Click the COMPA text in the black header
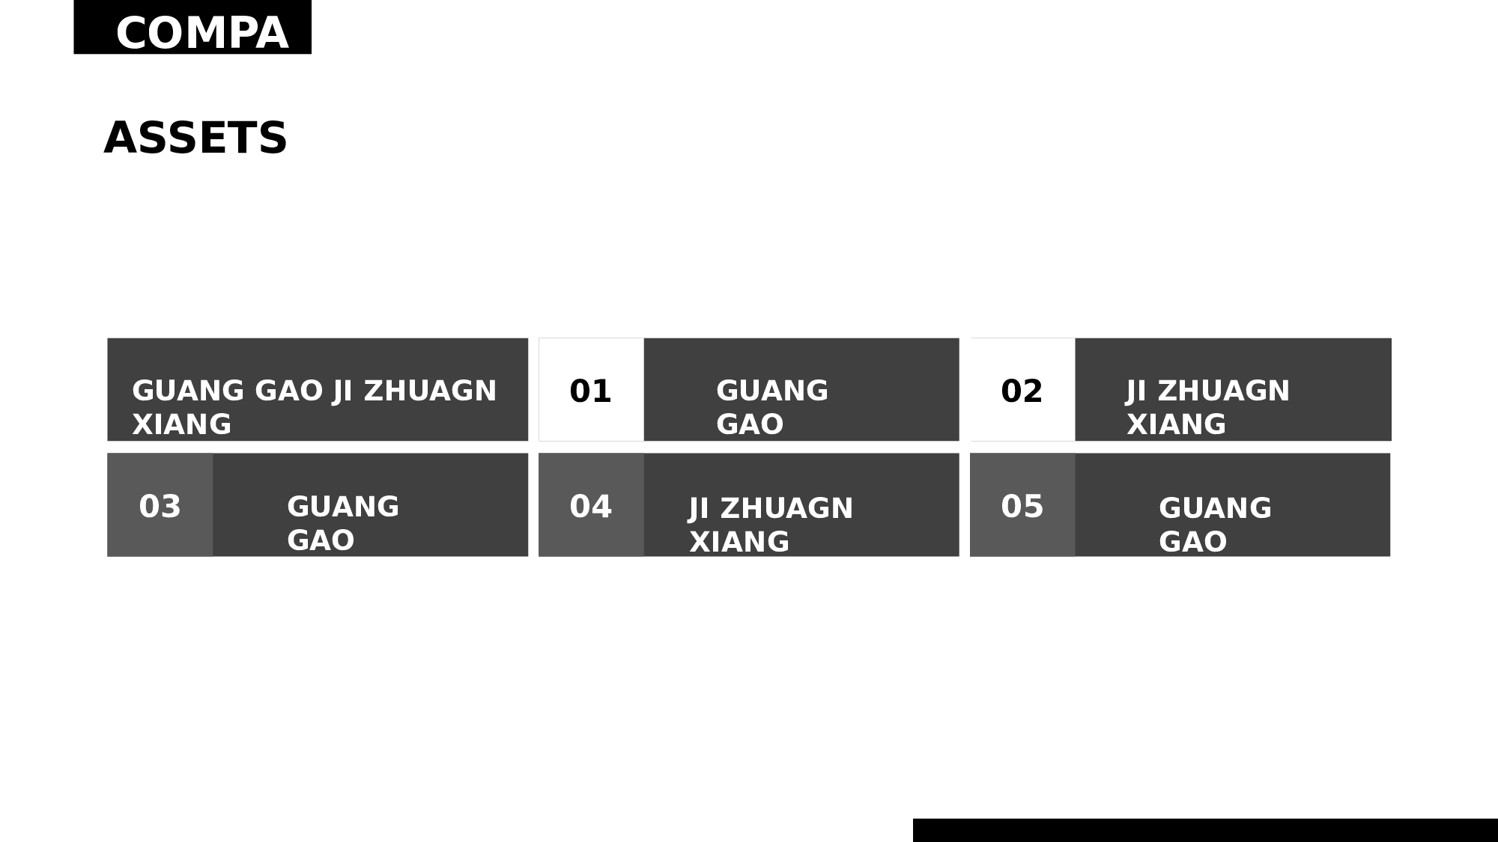[202, 34]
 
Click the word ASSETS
[195, 138]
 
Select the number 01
[590, 391]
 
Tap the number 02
[1022, 391]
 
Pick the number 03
[160, 507]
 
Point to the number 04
[590, 507]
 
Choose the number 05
[1022, 507]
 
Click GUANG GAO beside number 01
[772, 407]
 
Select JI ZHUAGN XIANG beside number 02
[1208, 407]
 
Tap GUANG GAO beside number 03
[343, 523]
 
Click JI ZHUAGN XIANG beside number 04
[771, 525]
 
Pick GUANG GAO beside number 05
[1215, 525]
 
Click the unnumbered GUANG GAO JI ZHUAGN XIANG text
[315, 407]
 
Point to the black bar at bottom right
[1205, 830]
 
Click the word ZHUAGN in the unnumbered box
[430, 391]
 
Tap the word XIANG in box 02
[1176, 424]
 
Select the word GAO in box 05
[1192, 542]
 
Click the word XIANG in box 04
[739, 542]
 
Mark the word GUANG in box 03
[343, 507]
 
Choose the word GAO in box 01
[750, 424]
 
